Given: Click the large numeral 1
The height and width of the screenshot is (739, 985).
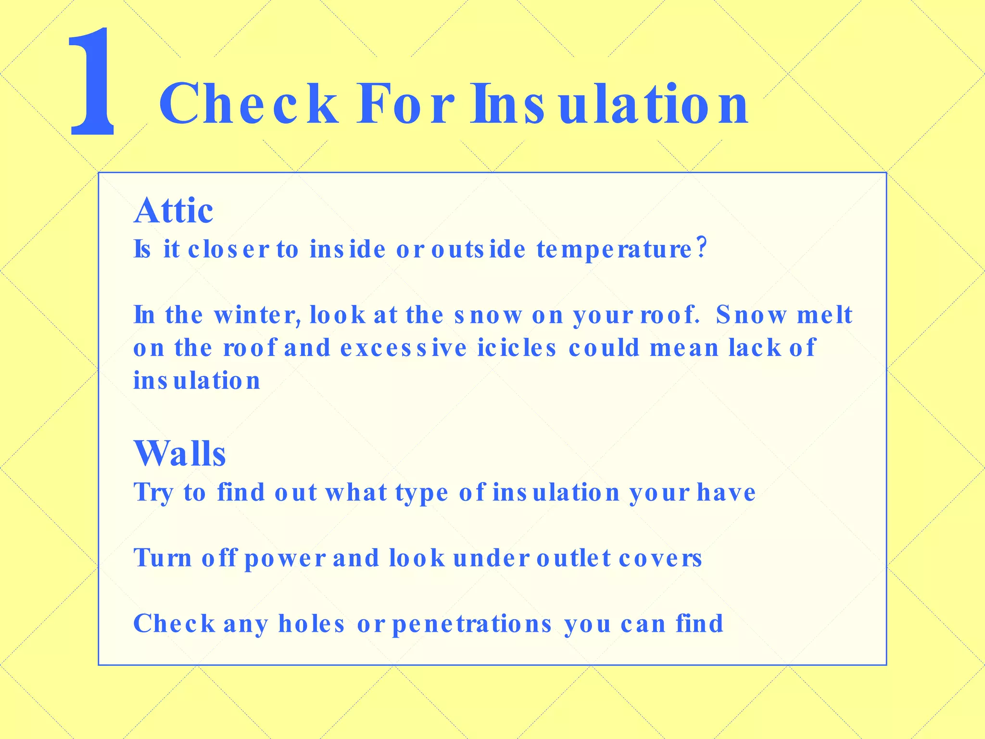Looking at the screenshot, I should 93,82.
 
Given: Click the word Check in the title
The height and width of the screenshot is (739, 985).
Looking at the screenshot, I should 248,104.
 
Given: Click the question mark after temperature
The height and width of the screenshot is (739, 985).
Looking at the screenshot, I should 702,248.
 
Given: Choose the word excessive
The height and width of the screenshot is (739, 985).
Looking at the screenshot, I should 404,348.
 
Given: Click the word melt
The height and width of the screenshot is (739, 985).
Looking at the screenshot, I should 824,316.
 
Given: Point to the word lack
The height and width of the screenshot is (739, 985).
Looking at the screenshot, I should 755,348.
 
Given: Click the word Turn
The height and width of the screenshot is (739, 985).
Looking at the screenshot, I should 163,559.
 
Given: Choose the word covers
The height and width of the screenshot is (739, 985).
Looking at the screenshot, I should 660,559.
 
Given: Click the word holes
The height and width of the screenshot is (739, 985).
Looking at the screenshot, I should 312,624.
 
